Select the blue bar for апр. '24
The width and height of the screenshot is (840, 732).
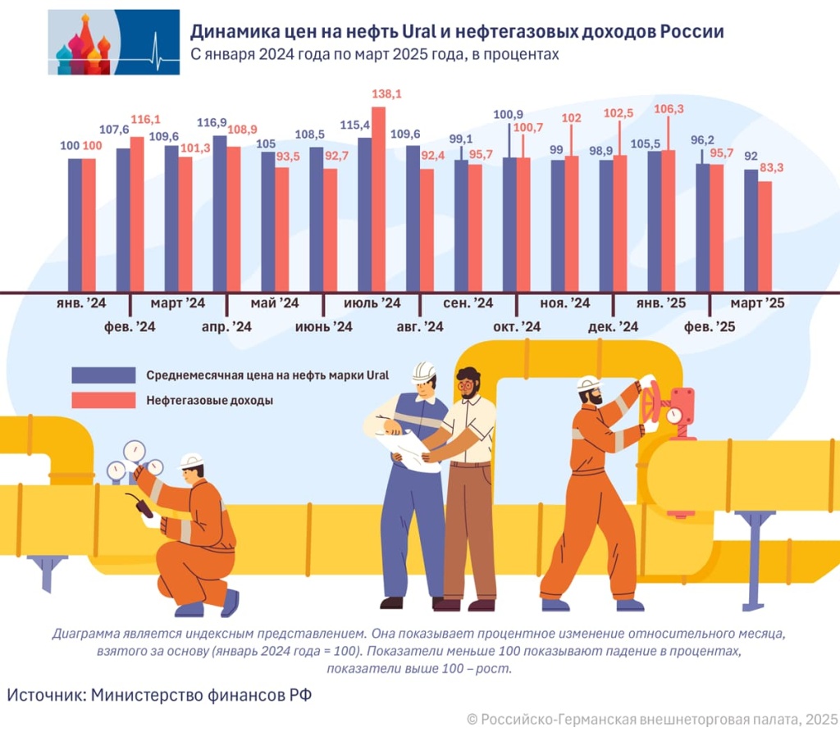click(x=220, y=213)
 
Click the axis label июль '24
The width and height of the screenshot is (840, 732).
click(x=372, y=303)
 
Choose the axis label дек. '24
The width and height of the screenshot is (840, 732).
click(x=613, y=327)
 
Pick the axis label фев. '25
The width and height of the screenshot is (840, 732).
click(x=710, y=327)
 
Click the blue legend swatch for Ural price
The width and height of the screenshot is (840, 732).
click(x=103, y=375)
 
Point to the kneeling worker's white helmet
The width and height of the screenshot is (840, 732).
click(x=191, y=461)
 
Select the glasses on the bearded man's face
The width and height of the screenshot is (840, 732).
click(x=467, y=383)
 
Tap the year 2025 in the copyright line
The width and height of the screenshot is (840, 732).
click(x=819, y=719)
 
